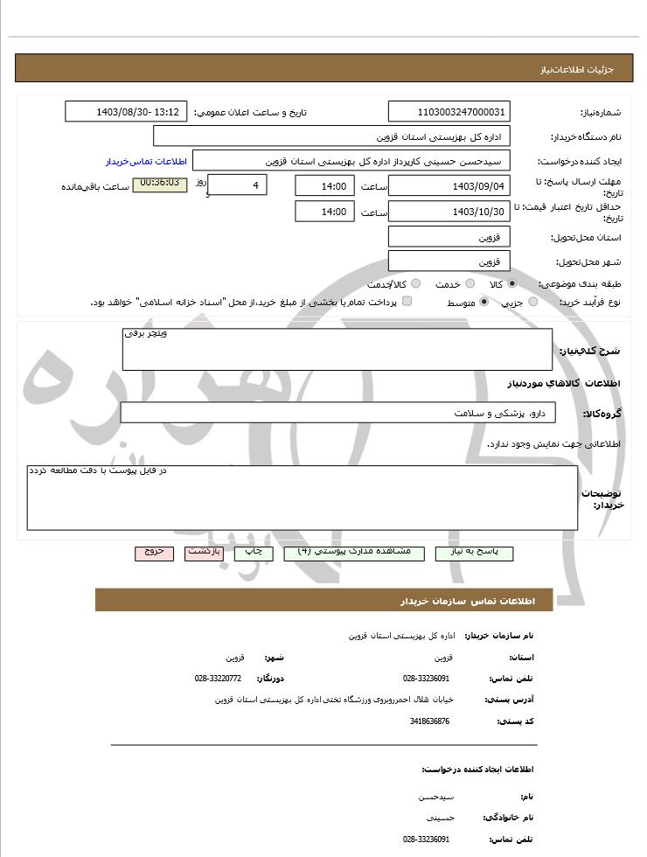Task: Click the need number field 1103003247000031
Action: tap(449, 112)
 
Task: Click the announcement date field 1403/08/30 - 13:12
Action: tap(126, 112)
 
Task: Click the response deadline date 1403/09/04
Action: tap(449, 186)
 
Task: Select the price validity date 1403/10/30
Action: tap(449, 212)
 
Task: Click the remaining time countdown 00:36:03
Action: tap(159, 184)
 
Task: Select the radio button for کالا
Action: tap(511, 284)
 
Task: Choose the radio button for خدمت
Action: tap(470, 284)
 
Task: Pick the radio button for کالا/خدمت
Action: tap(415, 284)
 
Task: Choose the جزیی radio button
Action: tap(532, 303)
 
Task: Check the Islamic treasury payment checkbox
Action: tap(407, 302)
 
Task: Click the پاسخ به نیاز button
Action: tap(474, 553)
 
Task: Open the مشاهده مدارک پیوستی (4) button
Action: tap(354, 553)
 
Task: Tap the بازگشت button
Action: tap(205, 553)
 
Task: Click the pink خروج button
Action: tap(154, 553)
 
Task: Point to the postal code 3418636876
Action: tap(429, 721)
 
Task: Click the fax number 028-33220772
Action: tap(218, 678)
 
